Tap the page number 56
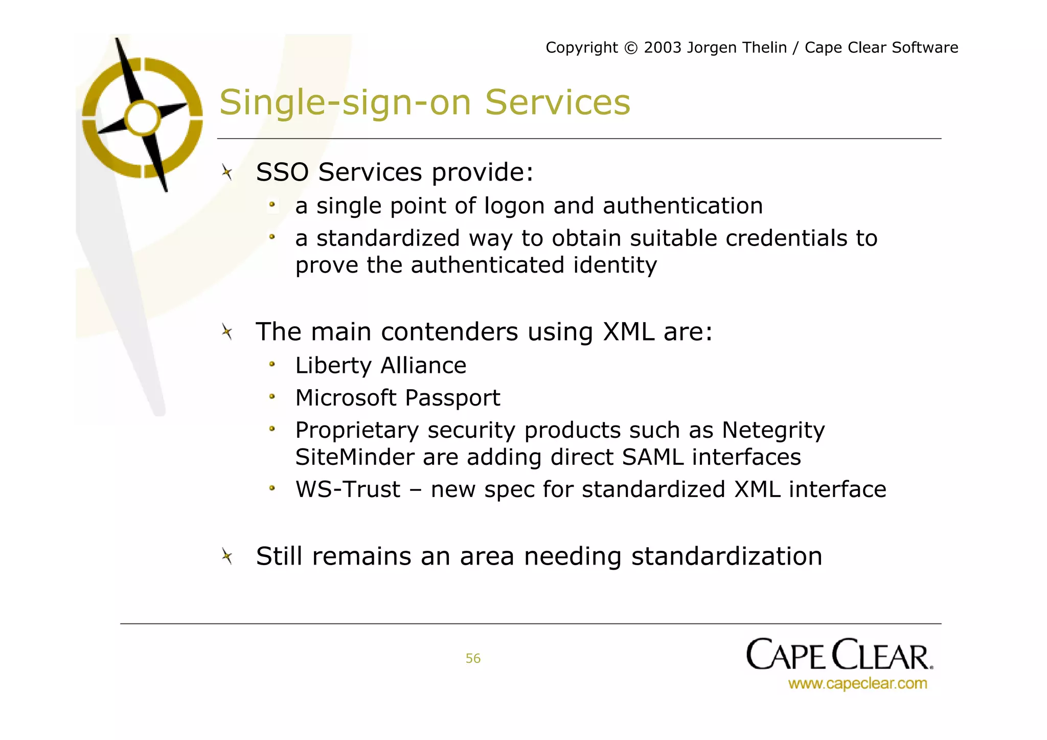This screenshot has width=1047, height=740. (473, 658)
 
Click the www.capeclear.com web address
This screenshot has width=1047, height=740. (857, 683)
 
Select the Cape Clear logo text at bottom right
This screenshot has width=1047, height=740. (839, 655)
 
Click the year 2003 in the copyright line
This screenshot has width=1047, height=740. (663, 48)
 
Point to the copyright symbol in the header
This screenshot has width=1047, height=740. (631, 48)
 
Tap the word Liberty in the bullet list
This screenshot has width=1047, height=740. (333, 366)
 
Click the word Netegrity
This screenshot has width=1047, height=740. (773, 431)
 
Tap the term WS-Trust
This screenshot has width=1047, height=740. (348, 489)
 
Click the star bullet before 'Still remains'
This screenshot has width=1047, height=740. (227, 556)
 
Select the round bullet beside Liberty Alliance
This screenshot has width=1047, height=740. (272, 365)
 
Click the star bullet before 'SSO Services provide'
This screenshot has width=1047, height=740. (227, 172)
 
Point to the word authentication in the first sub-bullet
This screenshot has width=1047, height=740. (682, 206)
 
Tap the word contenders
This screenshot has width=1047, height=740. (449, 332)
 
